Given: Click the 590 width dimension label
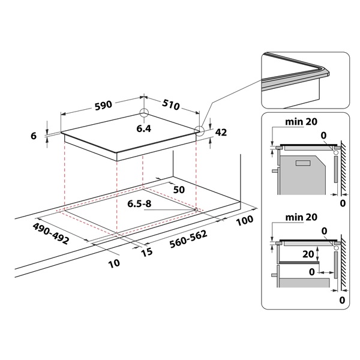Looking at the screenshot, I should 103,106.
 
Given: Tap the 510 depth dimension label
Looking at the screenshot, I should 170,106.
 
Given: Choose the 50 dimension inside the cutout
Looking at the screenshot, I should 178,190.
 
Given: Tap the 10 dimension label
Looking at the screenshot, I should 115,263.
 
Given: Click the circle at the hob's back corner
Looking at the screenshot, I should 144,113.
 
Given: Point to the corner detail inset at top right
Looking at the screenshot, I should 304,78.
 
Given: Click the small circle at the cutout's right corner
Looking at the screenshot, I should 197,209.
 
